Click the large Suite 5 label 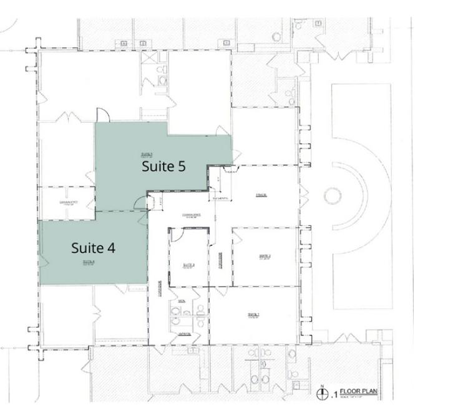(x=163, y=167)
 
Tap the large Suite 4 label (x=93, y=248)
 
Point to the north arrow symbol (x=323, y=394)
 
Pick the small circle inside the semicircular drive (x=333, y=196)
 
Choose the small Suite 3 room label (x=190, y=265)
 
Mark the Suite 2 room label (x=263, y=255)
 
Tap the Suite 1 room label (x=253, y=314)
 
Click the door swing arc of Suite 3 (x=177, y=234)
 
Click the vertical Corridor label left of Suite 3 (x=160, y=291)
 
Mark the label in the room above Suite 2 (x=261, y=195)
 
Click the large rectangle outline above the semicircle (x=362, y=125)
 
